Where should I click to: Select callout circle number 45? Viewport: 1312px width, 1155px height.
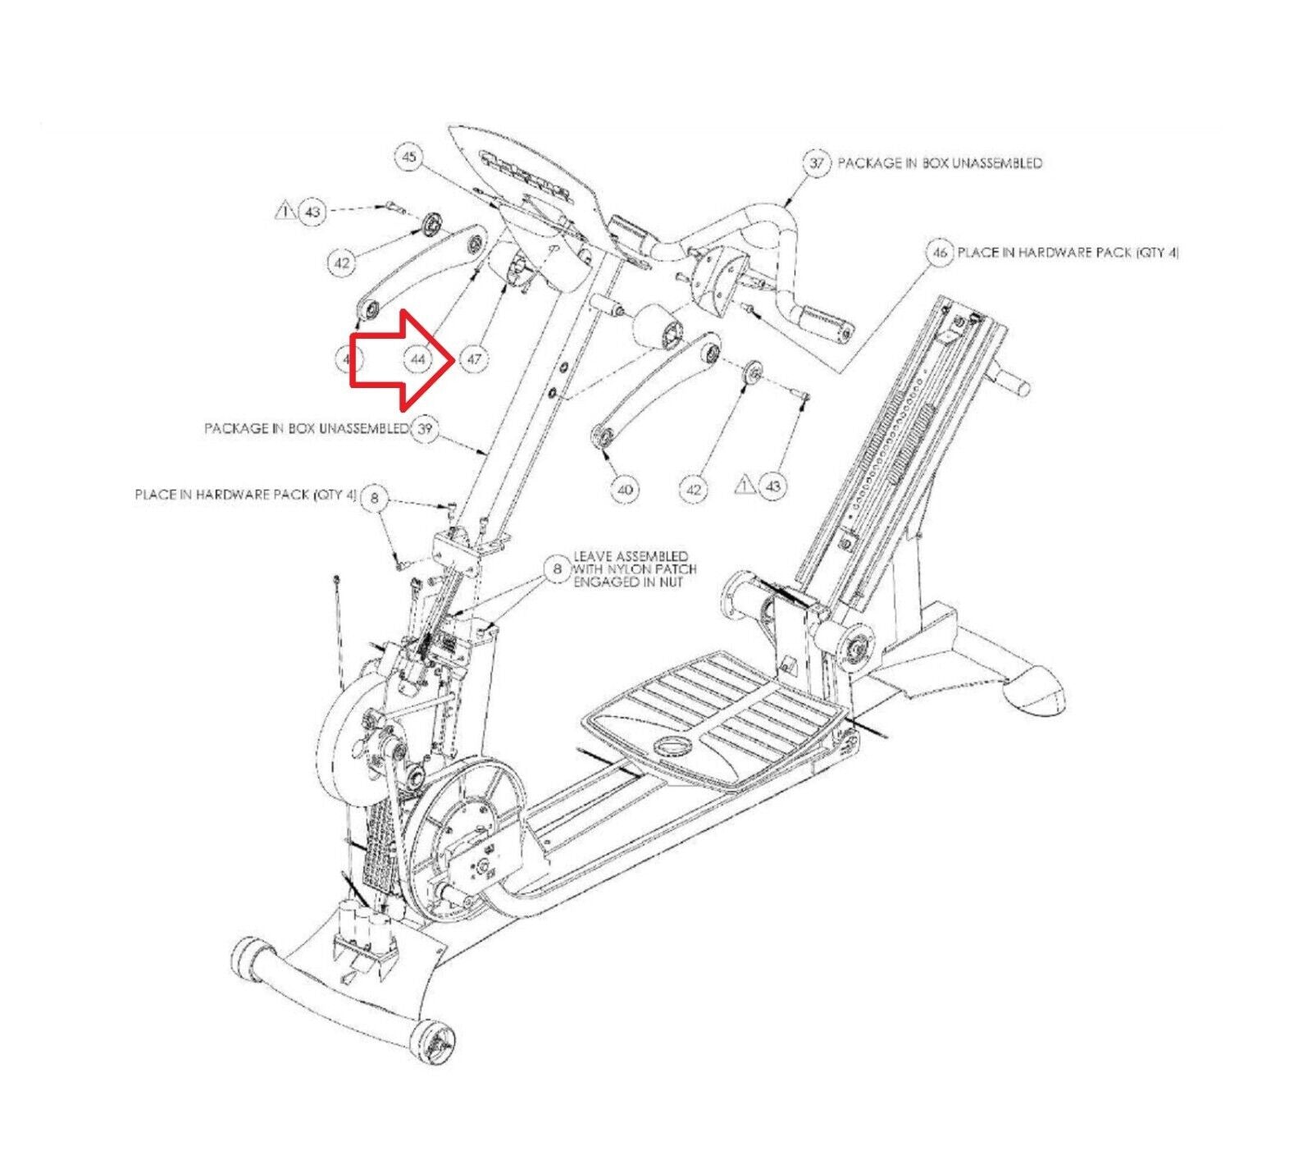410,156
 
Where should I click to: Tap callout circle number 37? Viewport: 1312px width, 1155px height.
817,162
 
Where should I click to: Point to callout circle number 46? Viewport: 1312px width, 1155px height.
939,253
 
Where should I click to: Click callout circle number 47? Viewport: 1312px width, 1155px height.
474,358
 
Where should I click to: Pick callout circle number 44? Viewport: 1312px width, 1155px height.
418,358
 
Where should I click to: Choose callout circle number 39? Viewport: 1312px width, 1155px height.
424,428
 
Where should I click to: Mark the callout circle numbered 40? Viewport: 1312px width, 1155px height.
625,489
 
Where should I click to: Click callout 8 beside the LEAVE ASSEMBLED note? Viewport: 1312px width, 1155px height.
558,568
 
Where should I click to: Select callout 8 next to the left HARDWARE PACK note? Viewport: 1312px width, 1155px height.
375,496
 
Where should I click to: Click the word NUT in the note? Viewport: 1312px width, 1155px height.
670,582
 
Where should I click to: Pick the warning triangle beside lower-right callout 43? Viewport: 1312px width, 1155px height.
745,484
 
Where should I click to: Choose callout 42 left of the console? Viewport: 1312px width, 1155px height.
342,263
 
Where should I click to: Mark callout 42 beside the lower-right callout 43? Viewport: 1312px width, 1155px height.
694,489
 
